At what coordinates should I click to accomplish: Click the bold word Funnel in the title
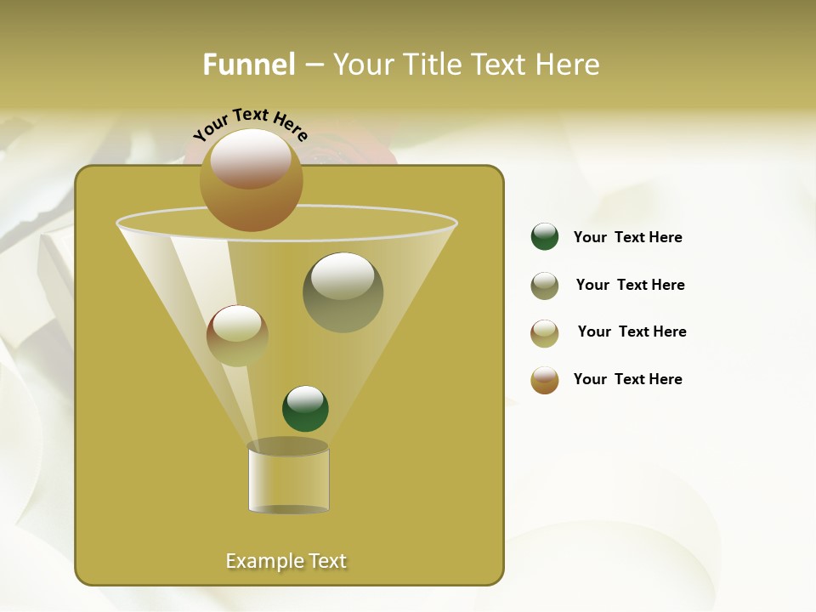(x=249, y=65)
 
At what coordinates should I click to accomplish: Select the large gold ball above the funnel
(x=252, y=179)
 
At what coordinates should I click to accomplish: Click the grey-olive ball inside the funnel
(x=343, y=292)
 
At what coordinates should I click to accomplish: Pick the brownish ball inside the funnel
(x=237, y=335)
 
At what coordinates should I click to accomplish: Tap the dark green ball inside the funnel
(x=305, y=408)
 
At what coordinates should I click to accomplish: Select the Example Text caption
(x=286, y=561)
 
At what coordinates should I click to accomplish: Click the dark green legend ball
(x=545, y=236)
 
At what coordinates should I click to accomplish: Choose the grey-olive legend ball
(x=545, y=286)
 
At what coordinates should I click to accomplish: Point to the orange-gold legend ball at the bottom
(x=545, y=380)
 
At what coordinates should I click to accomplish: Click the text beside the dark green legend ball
(x=627, y=237)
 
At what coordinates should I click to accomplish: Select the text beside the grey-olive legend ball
(x=630, y=285)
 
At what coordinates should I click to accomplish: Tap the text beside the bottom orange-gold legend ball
(x=627, y=379)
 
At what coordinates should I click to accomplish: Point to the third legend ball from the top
(x=545, y=333)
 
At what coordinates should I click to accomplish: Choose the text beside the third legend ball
(x=632, y=331)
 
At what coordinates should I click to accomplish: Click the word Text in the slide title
(x=501, y=65)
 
